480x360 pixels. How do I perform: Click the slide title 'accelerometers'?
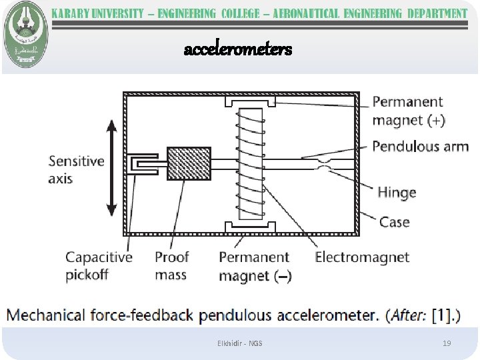(x=238, y=49)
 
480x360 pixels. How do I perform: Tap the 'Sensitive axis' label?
(x=76, y=169)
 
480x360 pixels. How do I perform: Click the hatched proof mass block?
(x=188, y=163)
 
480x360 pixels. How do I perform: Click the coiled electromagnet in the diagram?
(x=251, y=163)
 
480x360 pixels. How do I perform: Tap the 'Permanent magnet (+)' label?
(x=408, y=111)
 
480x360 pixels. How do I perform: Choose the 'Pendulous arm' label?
(x=420, y=146)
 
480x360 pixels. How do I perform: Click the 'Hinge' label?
(x=397, y=193)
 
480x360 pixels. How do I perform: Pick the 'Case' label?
(x=394, y=221)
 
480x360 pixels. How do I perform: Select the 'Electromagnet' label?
(x=362, y=257)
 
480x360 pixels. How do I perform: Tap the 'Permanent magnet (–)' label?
(x=255, y=266)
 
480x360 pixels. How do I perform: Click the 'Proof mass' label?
(x=171, y=265)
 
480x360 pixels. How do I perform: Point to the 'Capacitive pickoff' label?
(x=99, y=265)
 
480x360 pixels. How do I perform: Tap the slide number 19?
(x=447, y=343)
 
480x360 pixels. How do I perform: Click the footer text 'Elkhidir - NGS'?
(x=240, y=343)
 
